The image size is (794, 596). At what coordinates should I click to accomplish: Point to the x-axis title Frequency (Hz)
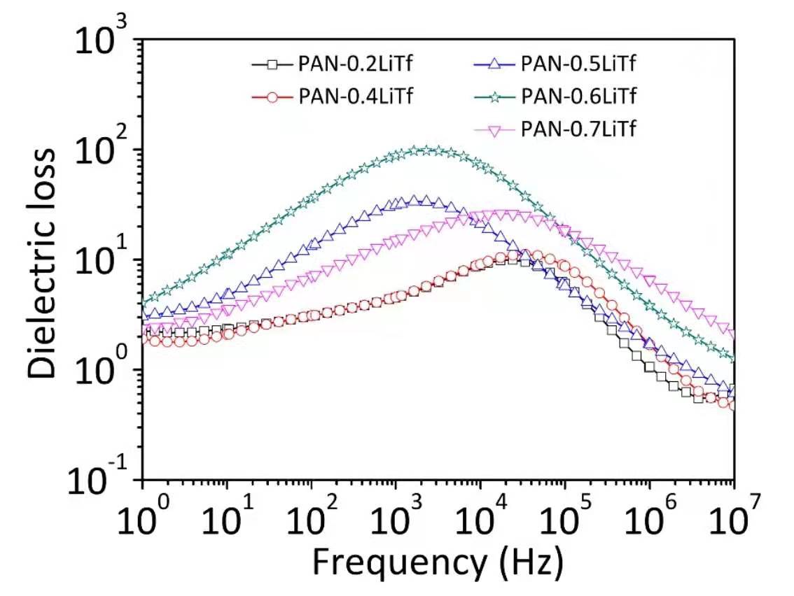coord(438,562)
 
